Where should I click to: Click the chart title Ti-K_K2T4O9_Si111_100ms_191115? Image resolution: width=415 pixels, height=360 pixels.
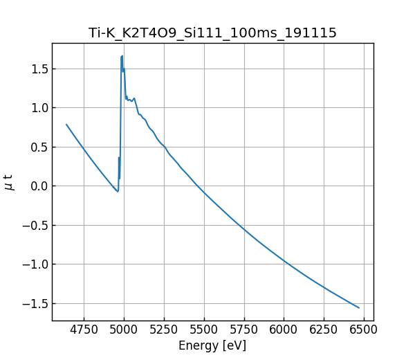(x=212, y=33)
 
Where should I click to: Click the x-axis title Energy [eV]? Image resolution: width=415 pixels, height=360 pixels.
(x=212, y=345)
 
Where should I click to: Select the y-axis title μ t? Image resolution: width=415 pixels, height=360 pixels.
(x=9, y=182)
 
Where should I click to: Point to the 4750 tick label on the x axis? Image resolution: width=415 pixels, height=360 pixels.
(x=84, y=330)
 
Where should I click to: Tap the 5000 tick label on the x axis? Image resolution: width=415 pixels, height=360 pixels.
(x=124, y=330)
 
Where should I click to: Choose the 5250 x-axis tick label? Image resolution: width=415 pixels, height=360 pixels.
(x=164, y=330)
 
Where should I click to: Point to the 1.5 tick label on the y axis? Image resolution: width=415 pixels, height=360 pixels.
(x=38, y=69)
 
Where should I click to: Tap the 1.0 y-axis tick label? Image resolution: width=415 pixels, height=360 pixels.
(x=38, y=108)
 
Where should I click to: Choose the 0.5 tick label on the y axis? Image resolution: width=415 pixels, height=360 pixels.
(x=38, y=147)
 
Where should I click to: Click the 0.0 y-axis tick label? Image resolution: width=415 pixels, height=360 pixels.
(x=38, y=186)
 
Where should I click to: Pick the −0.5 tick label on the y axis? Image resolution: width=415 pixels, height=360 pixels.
(x=35, y=225)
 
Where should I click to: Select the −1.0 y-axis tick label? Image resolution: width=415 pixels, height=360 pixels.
(x=35, y=264)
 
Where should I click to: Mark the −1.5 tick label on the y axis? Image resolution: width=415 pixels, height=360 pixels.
(x=35, y=303)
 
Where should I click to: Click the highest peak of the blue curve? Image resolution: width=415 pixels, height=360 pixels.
(x=122, y=56)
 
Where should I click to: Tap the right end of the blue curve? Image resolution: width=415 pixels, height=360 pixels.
(x=359, y=308)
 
